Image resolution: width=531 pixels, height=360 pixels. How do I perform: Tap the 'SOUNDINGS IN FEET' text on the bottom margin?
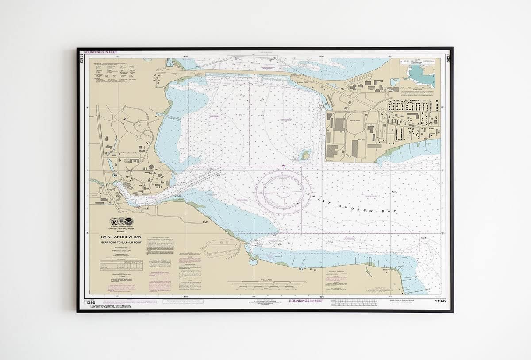click(305, 301)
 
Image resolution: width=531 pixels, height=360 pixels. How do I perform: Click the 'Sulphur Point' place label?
click(296, 81)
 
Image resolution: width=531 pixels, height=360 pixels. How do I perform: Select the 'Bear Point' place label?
click(387, 269)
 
